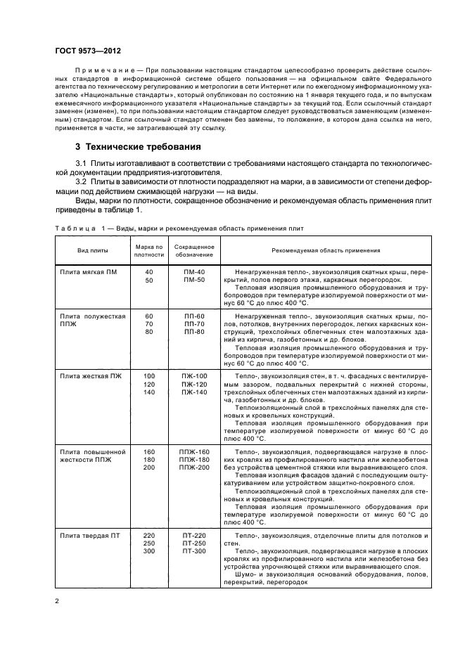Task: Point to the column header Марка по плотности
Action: tap(148, 250)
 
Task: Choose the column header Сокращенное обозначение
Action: tap(194, 250)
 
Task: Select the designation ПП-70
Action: tap(194, 323)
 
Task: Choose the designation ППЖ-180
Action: tap(194, 460)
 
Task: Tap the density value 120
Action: tap(148, 384)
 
